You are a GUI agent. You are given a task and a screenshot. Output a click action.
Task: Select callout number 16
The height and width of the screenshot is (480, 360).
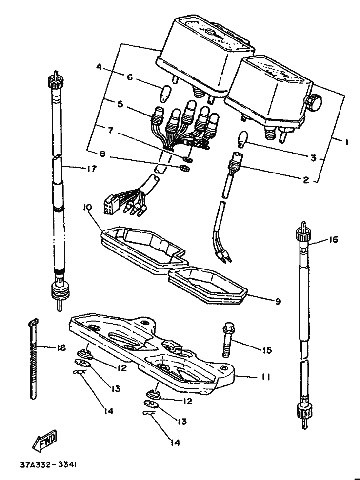333,240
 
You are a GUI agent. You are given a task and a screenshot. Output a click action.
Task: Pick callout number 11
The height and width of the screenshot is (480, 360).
266,377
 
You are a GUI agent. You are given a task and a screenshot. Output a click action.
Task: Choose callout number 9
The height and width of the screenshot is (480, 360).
277,301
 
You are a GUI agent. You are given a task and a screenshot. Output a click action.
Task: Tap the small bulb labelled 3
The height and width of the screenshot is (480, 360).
244,139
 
